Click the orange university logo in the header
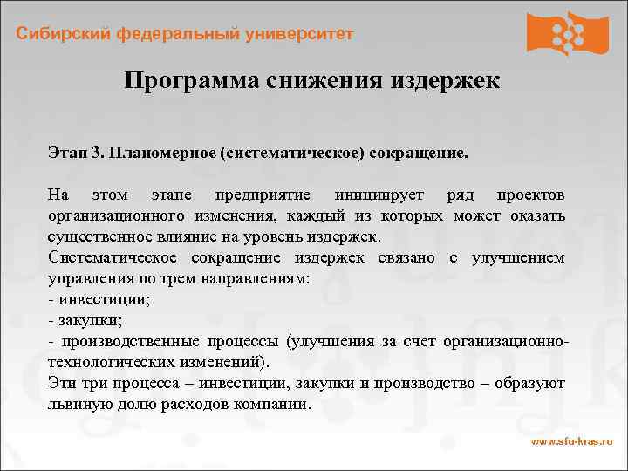[x=567, y=33]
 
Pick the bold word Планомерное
[x=160, y=153]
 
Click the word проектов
[x=530, y=194]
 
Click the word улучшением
[x=517, y=257]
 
